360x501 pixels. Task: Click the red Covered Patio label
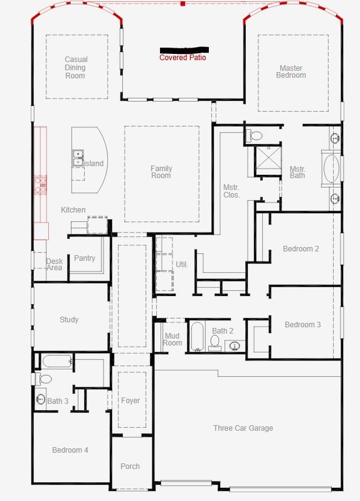tap(183, 58)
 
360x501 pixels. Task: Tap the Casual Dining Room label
tap(75, 68)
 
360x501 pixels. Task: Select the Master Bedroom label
tap(291, 71)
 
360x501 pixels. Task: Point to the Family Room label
tap(161, 172)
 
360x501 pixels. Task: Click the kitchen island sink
tap(78, 157)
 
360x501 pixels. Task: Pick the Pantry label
tap(85, 258)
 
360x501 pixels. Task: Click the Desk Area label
tap(55, 265)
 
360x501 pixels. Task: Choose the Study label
tap(69, 320)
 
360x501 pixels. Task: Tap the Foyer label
tap(130, 401)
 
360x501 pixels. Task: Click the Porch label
tap(130, 467)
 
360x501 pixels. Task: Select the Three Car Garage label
tap(243, 428)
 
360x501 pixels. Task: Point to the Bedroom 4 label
tap(70, 450)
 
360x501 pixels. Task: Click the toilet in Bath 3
tap(45, 379)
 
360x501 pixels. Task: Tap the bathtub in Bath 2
tap(196, 337)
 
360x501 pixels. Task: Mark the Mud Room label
tap(172, 339)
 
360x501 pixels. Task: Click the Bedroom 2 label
tap(301, 249)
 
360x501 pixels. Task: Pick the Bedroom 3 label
tap(303, 325)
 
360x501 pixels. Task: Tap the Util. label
tap(182, 265)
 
